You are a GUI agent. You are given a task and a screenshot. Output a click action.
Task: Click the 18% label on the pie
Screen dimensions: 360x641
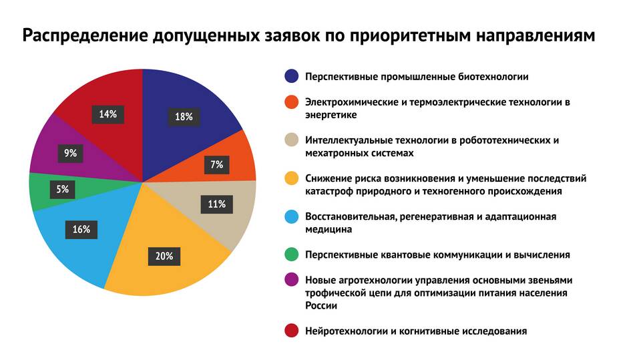(x=184, y=117)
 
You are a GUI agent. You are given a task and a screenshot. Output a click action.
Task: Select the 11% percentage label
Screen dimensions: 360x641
(x=216, y=204)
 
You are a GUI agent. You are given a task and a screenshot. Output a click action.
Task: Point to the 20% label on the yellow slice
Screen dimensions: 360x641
(x=165, y=256)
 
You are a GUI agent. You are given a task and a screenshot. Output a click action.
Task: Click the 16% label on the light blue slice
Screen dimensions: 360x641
(x=81, y=230)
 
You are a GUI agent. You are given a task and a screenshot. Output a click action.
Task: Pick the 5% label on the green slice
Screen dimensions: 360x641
(x=62, y=189)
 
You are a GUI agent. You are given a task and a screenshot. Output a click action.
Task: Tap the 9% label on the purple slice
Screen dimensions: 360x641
(x=70, y=153)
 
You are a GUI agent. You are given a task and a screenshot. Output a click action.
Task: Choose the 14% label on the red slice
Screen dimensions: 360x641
(x=108, y=114)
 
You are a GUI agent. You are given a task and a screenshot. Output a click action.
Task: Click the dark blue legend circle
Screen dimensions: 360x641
(x=291, y=76)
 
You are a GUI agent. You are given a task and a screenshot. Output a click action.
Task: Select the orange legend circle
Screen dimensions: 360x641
(x=291, y=102)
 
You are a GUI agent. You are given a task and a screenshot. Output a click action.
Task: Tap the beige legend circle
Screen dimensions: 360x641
(x=291, y=140)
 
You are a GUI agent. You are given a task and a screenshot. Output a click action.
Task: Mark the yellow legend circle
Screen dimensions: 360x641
(x=291, y=178)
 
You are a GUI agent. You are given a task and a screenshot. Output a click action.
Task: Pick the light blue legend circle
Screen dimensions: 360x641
(x=291, y=216)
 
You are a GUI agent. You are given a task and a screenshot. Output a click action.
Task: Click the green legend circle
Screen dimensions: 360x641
(x=291, y=254)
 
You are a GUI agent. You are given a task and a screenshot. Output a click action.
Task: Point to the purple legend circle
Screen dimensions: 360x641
(x=291, y=280)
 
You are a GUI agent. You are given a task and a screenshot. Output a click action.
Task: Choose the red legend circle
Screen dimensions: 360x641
(x=291, y=331)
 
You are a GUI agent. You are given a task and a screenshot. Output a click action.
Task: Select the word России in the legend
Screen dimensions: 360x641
(x=320, y=305)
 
